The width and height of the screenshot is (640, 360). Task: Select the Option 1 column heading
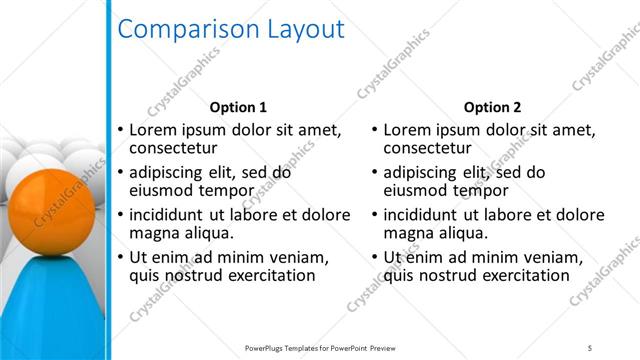click(237, 107)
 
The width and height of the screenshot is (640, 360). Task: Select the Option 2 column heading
click(493, 107)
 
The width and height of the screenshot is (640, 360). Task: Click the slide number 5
click(590, 347)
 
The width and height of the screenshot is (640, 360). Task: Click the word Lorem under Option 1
click(155, 130)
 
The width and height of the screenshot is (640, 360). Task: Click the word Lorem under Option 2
click(410, 130)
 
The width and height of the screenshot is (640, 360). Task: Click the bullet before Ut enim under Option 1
click(121, 257)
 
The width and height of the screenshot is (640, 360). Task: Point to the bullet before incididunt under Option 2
click(375, 214)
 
